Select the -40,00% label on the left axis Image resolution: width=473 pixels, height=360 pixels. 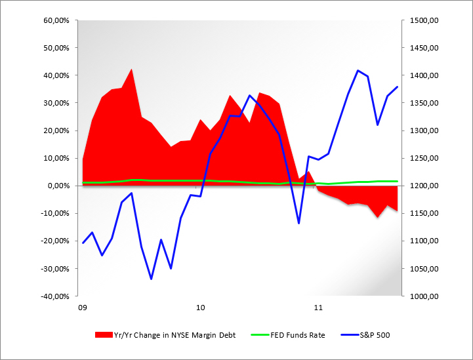56,296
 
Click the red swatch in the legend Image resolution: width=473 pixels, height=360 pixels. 103,334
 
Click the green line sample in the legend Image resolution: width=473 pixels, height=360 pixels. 258,334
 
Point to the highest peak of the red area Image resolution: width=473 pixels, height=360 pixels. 131,69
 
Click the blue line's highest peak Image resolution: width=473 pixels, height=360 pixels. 358,70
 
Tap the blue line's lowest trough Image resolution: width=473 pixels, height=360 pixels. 151,279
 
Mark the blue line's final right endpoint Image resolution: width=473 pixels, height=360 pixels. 397,87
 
